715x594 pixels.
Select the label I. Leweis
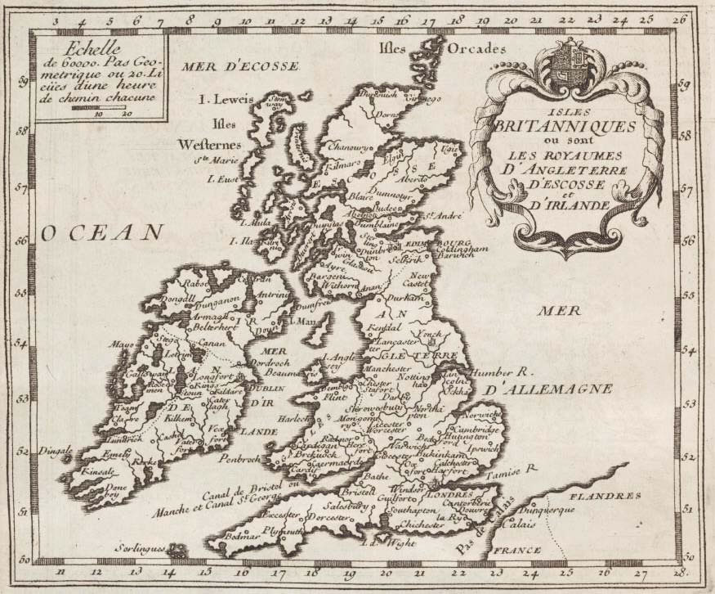point(227,100)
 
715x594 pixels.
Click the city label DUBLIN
point(263,388)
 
